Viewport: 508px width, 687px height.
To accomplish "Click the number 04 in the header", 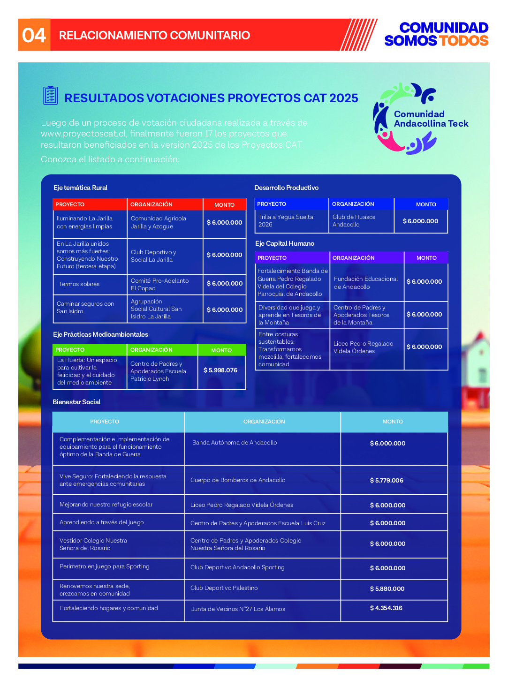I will (34, 35).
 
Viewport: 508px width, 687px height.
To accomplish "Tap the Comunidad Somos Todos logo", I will (436, 34).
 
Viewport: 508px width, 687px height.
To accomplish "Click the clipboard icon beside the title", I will (50, 95).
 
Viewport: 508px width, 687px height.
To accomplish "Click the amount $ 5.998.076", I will (220, 370).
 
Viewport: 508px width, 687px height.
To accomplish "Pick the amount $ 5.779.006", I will (387, 480).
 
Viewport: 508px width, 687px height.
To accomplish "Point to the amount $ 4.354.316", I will (386, 608).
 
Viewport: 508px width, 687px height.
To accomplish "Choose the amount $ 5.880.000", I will (387, 589).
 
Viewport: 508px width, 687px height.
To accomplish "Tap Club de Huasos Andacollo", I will (354, 221).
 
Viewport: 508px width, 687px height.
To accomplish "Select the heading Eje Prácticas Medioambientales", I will (100, 334).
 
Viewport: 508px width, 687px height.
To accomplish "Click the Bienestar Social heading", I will (76, 402).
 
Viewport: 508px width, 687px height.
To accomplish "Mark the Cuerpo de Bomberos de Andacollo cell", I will (238, 480).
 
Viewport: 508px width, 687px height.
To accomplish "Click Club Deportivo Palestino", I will (224, 588).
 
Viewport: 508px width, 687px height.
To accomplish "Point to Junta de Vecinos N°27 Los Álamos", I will (238, 609).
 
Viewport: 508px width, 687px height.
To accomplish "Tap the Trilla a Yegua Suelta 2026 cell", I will (286, 221).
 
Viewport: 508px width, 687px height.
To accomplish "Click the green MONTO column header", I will (221, 350).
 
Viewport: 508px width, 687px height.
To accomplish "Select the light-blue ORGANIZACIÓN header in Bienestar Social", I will (264, 422).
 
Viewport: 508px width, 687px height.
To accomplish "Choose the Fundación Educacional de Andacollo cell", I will (366, 283).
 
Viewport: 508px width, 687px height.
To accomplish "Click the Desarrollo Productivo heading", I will (286, 188).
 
